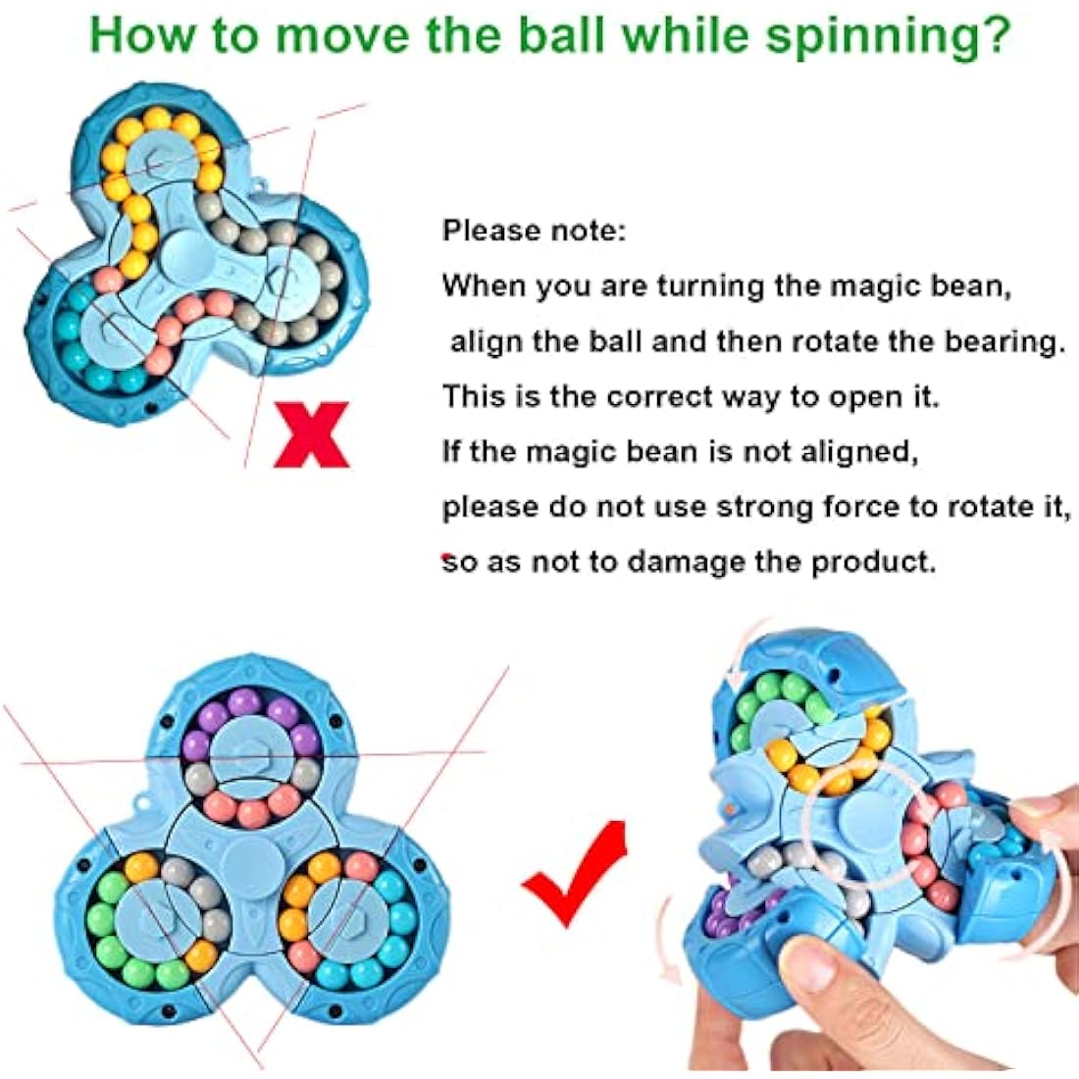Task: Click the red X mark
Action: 312,434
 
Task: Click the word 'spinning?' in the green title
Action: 888,35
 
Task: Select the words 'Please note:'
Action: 533,231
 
